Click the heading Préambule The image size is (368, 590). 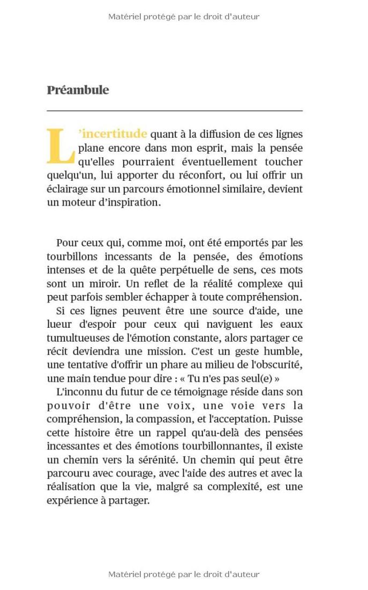click(78, 90)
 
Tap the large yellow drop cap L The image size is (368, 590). click(61, 146)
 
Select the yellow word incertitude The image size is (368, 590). click(114, 134)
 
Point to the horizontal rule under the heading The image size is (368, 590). click(175, 110)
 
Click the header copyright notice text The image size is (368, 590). click(184, 17)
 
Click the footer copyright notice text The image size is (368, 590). click(184, 574)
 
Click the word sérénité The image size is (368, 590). click(156, 460)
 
